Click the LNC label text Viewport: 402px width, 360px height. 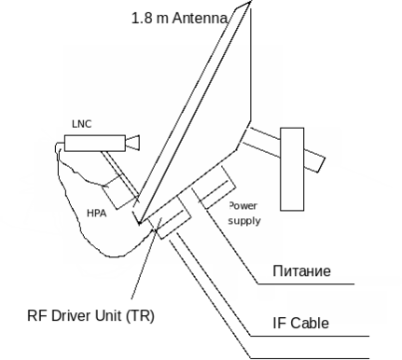click(x=82, y=124)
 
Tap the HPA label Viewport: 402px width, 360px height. click(x=97, y=214)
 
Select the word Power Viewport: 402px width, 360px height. click(x=243, y=206)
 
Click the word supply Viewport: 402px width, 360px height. click(x=244, y=221)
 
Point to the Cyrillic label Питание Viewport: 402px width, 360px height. click(x=301, y=270)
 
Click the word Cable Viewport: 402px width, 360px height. click(x=310, y=323)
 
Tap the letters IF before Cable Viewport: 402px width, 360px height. click(x=279, y=323)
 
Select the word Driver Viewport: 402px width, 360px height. click(x=70, y=315)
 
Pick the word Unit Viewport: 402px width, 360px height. click(x=108, y=315)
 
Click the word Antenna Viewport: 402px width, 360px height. click(x=200, y=18)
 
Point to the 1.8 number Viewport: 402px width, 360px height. click(x=142, y=18)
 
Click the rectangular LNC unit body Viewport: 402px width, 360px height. click(x=95, y=144)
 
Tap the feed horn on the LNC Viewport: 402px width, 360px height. click(x=132, y=143)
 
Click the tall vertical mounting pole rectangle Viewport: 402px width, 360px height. click(x=292, y=169)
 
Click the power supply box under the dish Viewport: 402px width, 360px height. click(x=215, y=187)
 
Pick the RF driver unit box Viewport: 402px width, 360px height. click(x=170, y=217)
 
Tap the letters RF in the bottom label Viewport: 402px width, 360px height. click(x=37, y=315)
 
